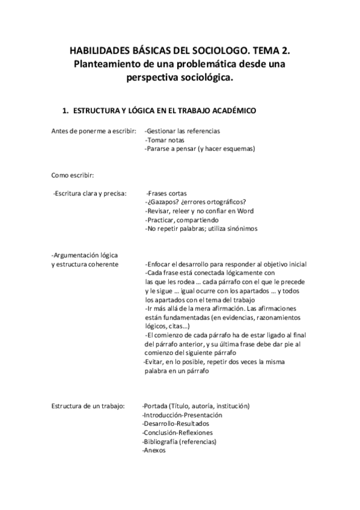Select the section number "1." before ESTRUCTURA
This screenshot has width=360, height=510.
click(67, 111)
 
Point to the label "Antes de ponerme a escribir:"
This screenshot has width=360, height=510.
click(93, 131)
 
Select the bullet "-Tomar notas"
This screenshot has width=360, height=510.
click(165, 140)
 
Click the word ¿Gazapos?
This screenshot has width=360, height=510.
click(164, 202)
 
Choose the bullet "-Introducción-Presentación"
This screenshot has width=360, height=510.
click(182, 415)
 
